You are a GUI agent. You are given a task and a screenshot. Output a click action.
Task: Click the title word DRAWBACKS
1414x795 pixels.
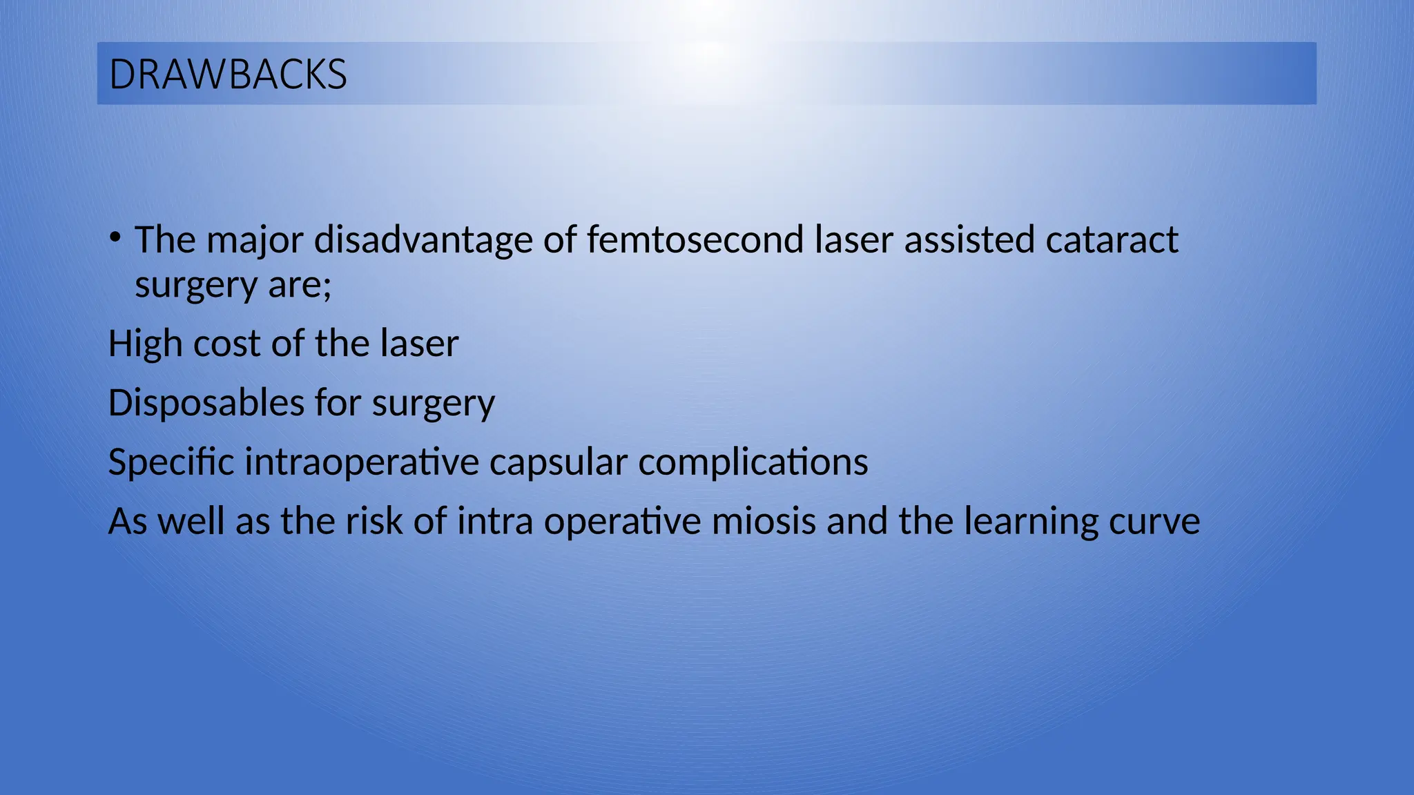[x=228, y=75]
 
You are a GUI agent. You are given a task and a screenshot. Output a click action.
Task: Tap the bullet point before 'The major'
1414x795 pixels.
[x=115, y=238]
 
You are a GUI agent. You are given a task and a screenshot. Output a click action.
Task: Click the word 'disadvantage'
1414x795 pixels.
[x=423, y=240]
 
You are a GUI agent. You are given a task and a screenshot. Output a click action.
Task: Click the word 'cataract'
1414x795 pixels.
[x=1112, y=240]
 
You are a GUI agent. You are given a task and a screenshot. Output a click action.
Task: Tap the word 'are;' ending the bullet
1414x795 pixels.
[x=300, y=284]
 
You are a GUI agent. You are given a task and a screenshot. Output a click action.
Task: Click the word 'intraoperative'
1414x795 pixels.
[x=362, y=462]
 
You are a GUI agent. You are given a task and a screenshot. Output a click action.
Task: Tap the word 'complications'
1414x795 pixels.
[x=753, y=462]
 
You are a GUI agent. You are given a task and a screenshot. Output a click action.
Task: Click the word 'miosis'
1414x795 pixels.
[x=764, y=522]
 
